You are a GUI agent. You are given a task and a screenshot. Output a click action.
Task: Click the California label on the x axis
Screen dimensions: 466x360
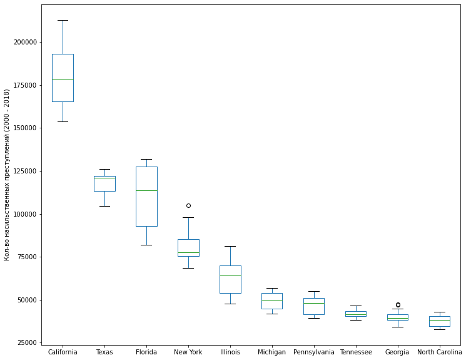point(63,352)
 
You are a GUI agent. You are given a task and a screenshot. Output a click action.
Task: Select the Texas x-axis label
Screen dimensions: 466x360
point(104,352)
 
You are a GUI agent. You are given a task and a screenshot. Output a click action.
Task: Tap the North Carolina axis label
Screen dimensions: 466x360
point(439,352)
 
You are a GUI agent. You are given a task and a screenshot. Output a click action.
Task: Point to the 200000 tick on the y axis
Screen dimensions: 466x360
point(24,42)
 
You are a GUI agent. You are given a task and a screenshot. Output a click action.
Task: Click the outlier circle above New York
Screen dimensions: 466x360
point(188,205)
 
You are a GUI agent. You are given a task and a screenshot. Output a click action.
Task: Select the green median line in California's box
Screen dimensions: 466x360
point(63,79)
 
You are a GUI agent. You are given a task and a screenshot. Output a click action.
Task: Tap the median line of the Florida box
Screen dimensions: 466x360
point(146,190)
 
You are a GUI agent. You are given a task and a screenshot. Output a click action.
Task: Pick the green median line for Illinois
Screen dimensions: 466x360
point(230,275)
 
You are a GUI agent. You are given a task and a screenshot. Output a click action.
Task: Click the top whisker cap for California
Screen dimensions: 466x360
point(63,20)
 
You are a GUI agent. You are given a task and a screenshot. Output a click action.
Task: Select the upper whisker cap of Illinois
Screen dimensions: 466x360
point(230,246)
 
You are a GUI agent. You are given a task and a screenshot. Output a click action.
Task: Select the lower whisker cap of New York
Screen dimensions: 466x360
point(188,268)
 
